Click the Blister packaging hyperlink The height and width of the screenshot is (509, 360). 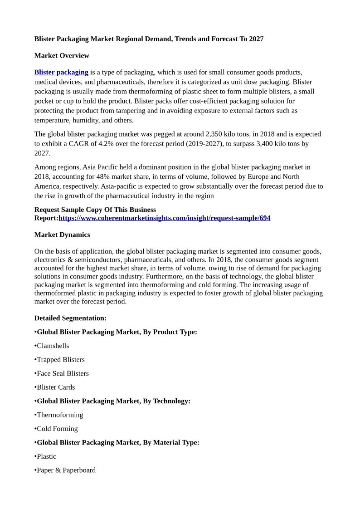[x=61, y=72]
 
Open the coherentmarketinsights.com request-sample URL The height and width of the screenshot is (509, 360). [x=164, y=218]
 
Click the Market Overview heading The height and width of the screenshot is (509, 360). [x=62, y=55]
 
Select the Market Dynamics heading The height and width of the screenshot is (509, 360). [x=62, y=235]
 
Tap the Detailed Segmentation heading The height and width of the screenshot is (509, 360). [x=70, y=318]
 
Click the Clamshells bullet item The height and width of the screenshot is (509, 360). [x=53, y=346]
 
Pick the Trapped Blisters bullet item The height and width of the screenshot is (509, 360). [x=60, y=359]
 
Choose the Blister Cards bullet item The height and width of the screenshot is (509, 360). [x=56, y=387]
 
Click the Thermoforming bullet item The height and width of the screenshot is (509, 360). [x=60, y=415]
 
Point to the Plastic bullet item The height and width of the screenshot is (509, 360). [x=46, y=456]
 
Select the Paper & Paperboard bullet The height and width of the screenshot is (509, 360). [x=66, y=470]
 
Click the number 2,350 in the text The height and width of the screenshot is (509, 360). [x=215, y=134]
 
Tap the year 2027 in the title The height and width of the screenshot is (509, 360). [x=256, y=39]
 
